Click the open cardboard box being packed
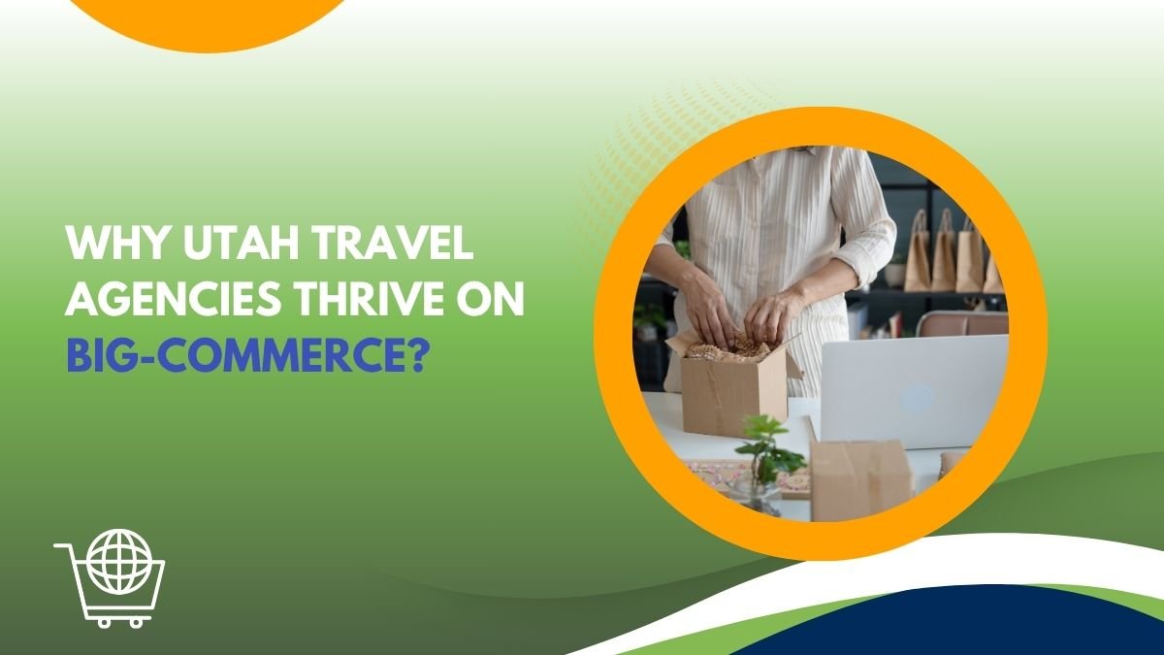pos(732,388)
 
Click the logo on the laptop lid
pos(916,398)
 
